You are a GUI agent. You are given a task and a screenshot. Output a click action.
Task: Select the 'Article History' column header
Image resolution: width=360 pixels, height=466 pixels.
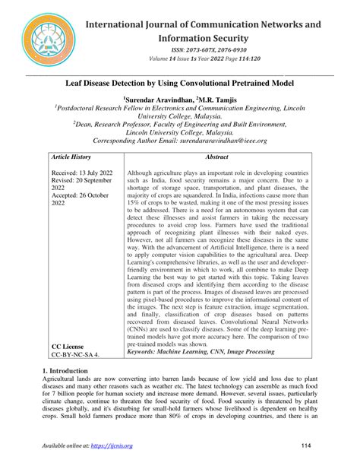point(71,156)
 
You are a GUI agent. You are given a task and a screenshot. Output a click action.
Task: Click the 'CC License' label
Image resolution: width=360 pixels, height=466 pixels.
point(69,345)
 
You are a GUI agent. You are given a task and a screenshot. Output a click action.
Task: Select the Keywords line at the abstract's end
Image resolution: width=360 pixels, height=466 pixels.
point(201,352)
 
